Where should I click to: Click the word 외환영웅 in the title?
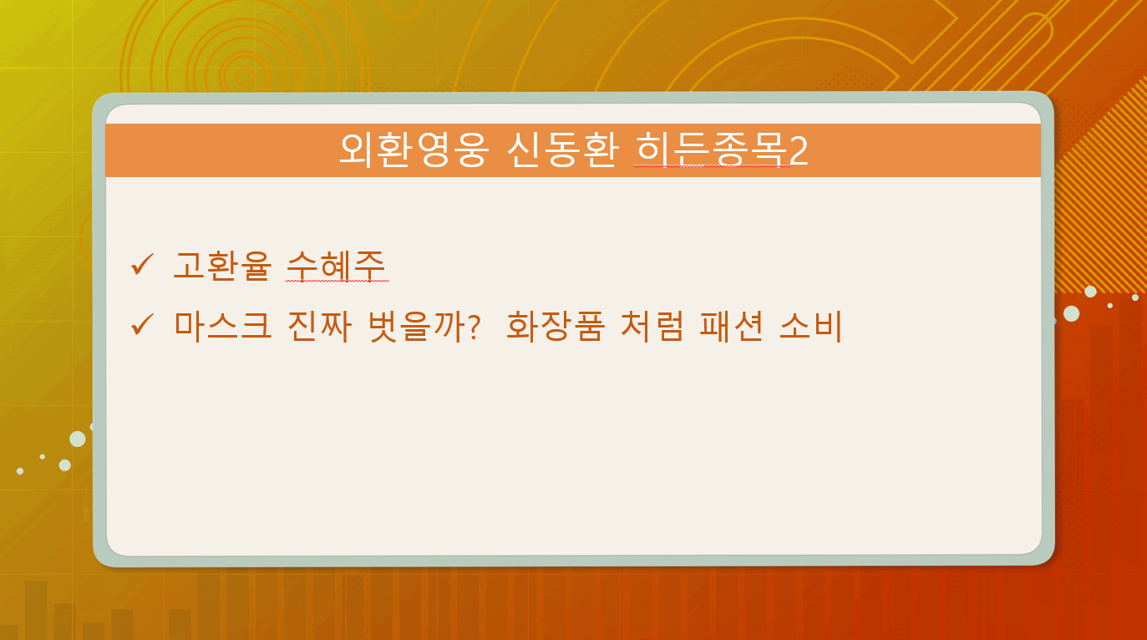(x=414, y=150)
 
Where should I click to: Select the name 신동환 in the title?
(x=563, y=150)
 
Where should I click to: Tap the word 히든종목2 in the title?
(x=722, y=150)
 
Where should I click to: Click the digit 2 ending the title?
(x=799, y=151)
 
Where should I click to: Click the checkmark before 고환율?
(x=142, y=265)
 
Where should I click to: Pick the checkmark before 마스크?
(x=142, y=324)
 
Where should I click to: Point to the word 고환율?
(x=222, y=266)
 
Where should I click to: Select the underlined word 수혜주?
(x=336, y=266)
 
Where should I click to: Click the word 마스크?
(x=222, y=326)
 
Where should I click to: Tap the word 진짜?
(x=319, y=326)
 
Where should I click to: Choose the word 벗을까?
(x=416, y=326)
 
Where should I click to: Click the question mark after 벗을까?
(x=475, y=327)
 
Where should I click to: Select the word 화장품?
(x=556, y=326)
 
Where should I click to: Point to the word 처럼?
(x=652, y=326)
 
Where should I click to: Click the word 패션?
(x=732, y=326)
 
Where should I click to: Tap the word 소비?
(x=811, y=326)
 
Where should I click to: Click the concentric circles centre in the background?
(x=245, y=78)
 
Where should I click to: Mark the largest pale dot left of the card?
(x=78, y=439)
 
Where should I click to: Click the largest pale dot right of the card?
(x=1072, y=313)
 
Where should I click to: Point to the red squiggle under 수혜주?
(x=338, y=281)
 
